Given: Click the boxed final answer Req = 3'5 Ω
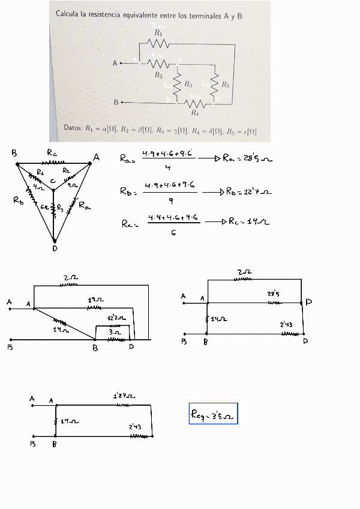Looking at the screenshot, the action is (213, 414).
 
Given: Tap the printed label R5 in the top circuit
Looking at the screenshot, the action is (225, 85).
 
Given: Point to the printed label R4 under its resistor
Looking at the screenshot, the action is (194, 112).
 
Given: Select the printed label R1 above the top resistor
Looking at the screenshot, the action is (158, 33).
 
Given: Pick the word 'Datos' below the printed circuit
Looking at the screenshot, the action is (73, 128).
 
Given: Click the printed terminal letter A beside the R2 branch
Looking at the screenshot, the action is (115, 62).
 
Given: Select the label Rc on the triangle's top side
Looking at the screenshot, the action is (52, 152).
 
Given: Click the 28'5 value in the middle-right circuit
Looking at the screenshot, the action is (274, 294).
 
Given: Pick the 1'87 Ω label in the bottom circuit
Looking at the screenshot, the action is (124, 396).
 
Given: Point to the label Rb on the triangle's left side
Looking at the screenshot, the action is (18, 200).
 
